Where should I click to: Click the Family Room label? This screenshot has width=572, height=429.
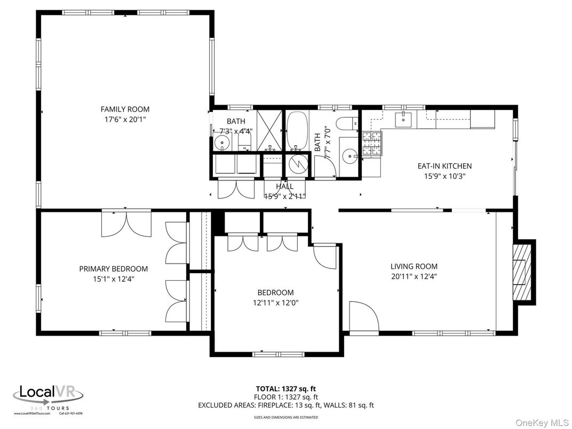[x=125, y=109]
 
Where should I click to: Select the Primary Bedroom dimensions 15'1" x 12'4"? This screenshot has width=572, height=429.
[x=113, y=278]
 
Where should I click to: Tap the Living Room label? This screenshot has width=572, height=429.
[x=414, y=266]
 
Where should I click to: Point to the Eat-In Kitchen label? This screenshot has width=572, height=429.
[x=444, y=166]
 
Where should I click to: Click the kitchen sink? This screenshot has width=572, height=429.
[x=403, y=120]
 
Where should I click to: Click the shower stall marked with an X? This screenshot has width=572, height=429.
[x=269, y=130]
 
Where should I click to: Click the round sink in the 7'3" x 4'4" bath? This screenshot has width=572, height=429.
[x=222, y=142]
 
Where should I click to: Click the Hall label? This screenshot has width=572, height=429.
[x=284, y=186]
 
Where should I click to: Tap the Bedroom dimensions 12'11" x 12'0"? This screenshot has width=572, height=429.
[x=275, y=303]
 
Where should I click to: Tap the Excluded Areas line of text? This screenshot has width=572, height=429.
[x=286, y=405]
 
